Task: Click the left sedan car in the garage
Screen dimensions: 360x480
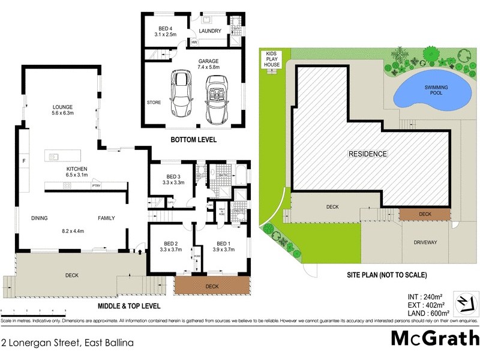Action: click(181, 94)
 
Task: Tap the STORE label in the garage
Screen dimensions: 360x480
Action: click(154, 103)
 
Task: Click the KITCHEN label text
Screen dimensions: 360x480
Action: click(77, 169)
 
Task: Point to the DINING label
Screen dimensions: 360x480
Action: click(39, 218)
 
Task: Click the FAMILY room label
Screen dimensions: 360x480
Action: click(106, 218)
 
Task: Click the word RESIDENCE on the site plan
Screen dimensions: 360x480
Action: click(368, 154)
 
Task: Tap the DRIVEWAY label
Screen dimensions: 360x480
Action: click(425, 243)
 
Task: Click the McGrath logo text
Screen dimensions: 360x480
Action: click(436, 338)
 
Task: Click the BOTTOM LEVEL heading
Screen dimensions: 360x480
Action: click(193, 140)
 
